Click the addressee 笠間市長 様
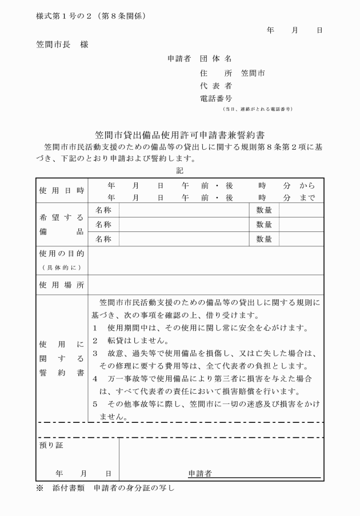(x=62, y=44)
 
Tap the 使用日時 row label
(x=61, y=190)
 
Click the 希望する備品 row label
(x=61, y=225)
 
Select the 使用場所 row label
(x=61, y=284)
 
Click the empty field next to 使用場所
(x=205, y=284)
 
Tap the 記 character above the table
(x=179, y=170)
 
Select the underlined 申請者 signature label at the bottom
(x=201, y=473)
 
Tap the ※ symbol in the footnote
(x=39, y=488)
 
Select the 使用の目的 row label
(x=61, y=253)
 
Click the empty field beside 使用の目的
(x=205, y=260)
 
